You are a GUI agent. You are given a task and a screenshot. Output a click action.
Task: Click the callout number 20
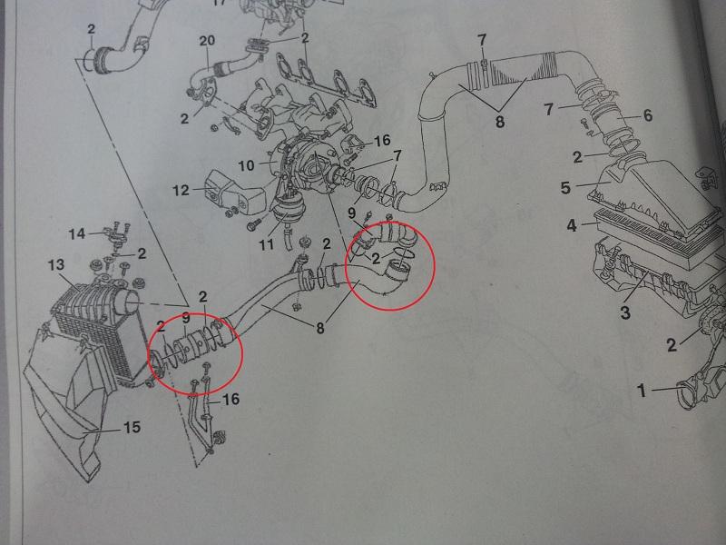tap(207, 41)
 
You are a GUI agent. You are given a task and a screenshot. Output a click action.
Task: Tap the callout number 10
tap(246, 165)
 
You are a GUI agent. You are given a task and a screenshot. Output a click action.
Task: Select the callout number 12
tap(181, 190)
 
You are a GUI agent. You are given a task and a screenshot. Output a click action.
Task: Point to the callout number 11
tap(266, 243)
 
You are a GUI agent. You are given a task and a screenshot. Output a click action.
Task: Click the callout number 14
tap(77, 233)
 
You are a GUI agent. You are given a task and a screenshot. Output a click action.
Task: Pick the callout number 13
tap(56, 265)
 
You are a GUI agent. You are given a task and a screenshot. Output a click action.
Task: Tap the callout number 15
tap(132, 427)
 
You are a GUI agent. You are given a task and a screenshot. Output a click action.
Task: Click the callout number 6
tap(647, 115)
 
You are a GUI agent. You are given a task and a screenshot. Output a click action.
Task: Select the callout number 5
tap(565, 188)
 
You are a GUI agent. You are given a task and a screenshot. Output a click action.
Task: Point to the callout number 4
tap(572, 225)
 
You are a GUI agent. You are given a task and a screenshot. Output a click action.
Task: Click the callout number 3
tap(625, 312)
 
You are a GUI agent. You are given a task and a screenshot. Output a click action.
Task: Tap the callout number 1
tap(642, 391)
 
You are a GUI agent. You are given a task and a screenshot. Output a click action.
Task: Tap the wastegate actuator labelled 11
tap(282, 213)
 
